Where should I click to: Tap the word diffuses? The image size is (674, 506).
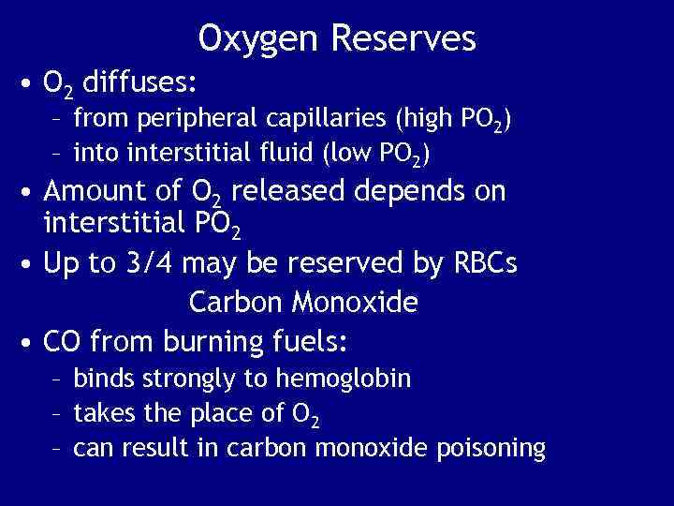(139, 83)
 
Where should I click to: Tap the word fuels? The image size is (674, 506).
(312, 340)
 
